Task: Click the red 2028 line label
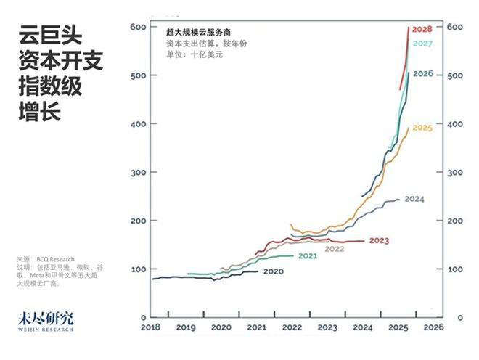click(422, 29)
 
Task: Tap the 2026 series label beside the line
click(423, 73)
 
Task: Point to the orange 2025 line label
click(422, 128)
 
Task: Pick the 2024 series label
click(414, 199)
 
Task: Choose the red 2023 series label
click(379, 240)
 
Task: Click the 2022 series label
click(334, 249)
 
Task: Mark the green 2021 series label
click(308, 256)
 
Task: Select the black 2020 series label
click(273, 271)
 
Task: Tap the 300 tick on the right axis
click(455, 173)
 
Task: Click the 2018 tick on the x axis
click(151, 328)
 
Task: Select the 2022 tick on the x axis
click(292, 328)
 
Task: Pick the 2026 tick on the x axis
click(433, 328)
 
